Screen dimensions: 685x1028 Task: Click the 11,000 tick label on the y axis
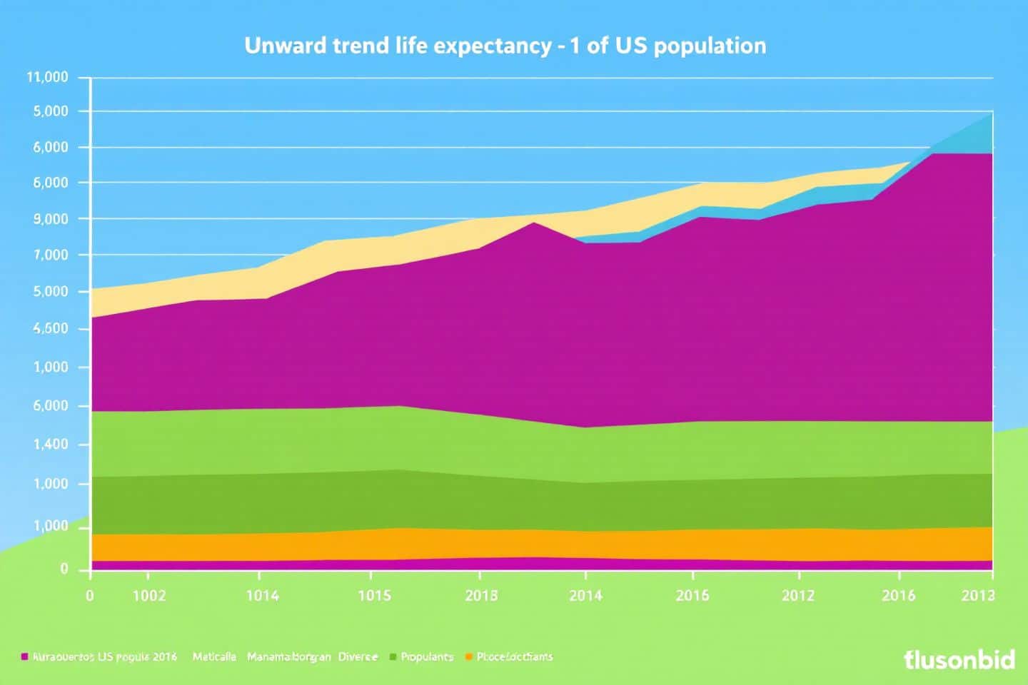tap(47, 78)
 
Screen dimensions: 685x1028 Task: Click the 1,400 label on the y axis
tap(50, 445)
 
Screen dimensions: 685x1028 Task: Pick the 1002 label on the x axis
tap(149, 596)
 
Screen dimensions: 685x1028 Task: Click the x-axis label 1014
tap(262, 596)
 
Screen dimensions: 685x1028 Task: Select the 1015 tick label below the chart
tap(373, 596)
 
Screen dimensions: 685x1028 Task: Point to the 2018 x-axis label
tap(481, 596)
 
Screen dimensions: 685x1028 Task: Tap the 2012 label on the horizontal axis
tap(797, 596)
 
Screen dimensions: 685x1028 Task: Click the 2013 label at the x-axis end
tap(977, 596)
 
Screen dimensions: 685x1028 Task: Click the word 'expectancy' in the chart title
tap(492, 46)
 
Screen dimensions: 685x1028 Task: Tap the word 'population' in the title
tap(710, 46)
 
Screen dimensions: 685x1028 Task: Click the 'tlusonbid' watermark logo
tap(959, 659)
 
